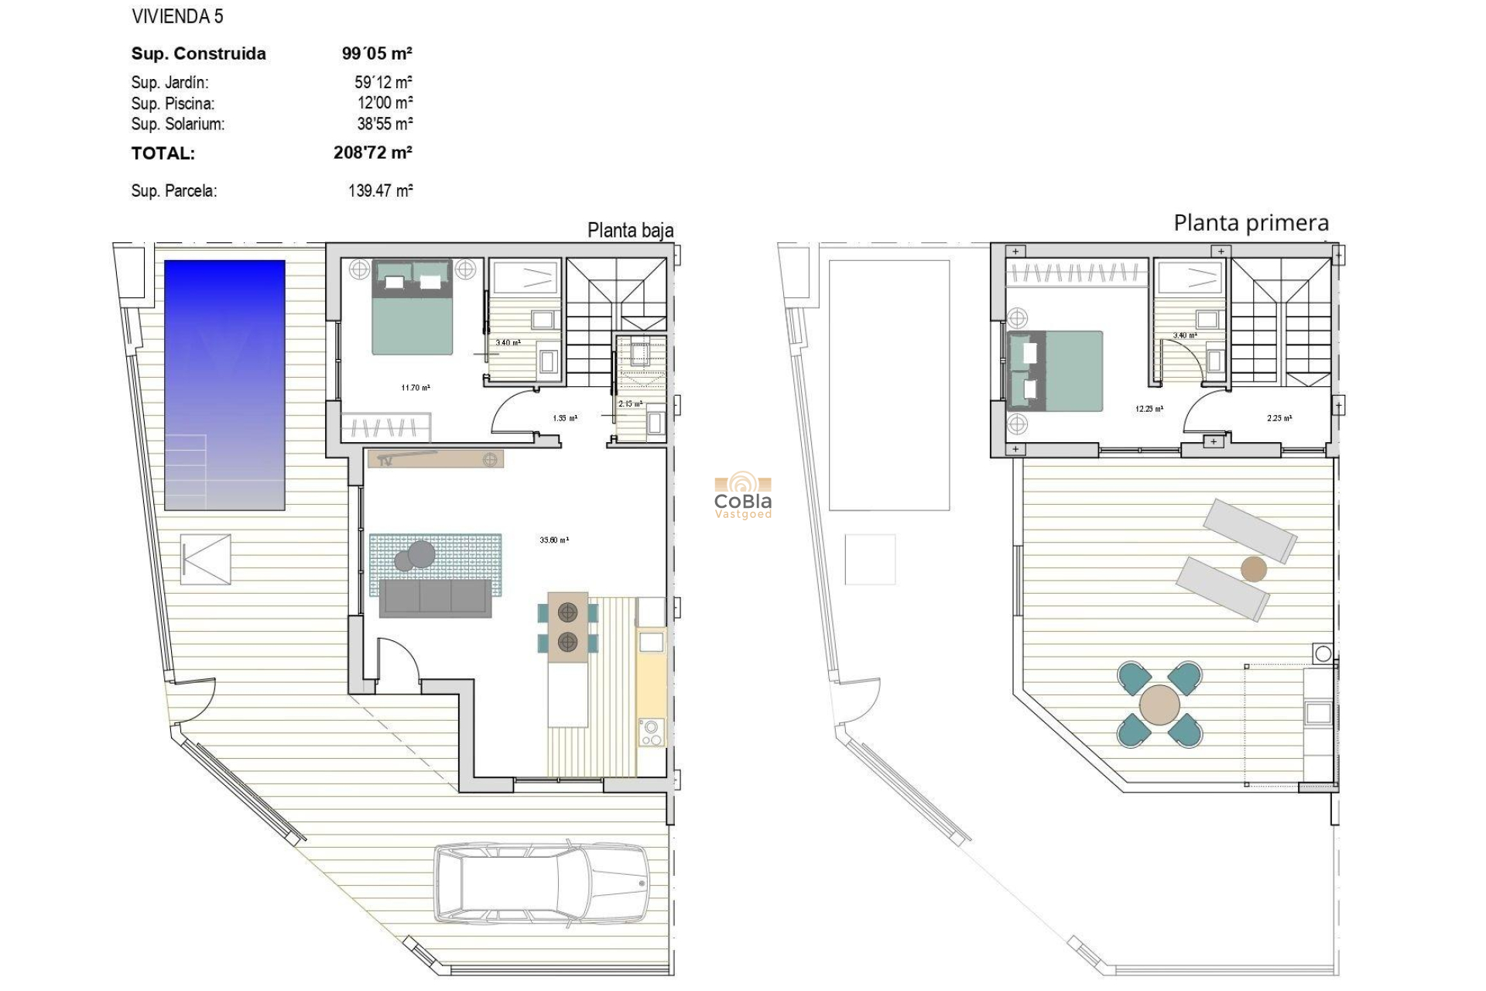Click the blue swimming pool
pyautogui.click(x=224, y=385)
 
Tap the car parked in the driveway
pyautogui.click(x=541, y=883)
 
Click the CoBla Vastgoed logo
pyautogui.click(x=743, y=496)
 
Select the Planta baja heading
pyautogui.click(x=630, y=230)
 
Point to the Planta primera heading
pyautogui.click(x=1251, y=223)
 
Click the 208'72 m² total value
pyautogui.click(x=372, y=153)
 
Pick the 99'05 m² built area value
pyautogui.click(x=377, y=53)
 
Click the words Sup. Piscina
pyautogui.click(x=173, y=103)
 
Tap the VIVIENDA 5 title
pyautogui.click(x=177, y=16)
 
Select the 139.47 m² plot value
pyautogui.click(x=380, y=190)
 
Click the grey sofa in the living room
pyautogui.click(x=435, y=598)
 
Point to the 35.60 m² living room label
pyautogui.click(x=554, y=540)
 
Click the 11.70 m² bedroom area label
pyautogui.click(x=416, y=388)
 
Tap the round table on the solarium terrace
pyautogui.click(x=1159, y=705)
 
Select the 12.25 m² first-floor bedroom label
pyautogui.click(x=1149, y=409)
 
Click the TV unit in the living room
pyautogui.click(x=436, y=459)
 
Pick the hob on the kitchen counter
pyautogui.click(x=652, y=732)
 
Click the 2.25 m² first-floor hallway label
pyautogui.click(x=1279, y=418)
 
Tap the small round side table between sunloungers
pyautogui.click(x=1253, y=570)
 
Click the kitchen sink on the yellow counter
pyautogui.click(x=651, y=641)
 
